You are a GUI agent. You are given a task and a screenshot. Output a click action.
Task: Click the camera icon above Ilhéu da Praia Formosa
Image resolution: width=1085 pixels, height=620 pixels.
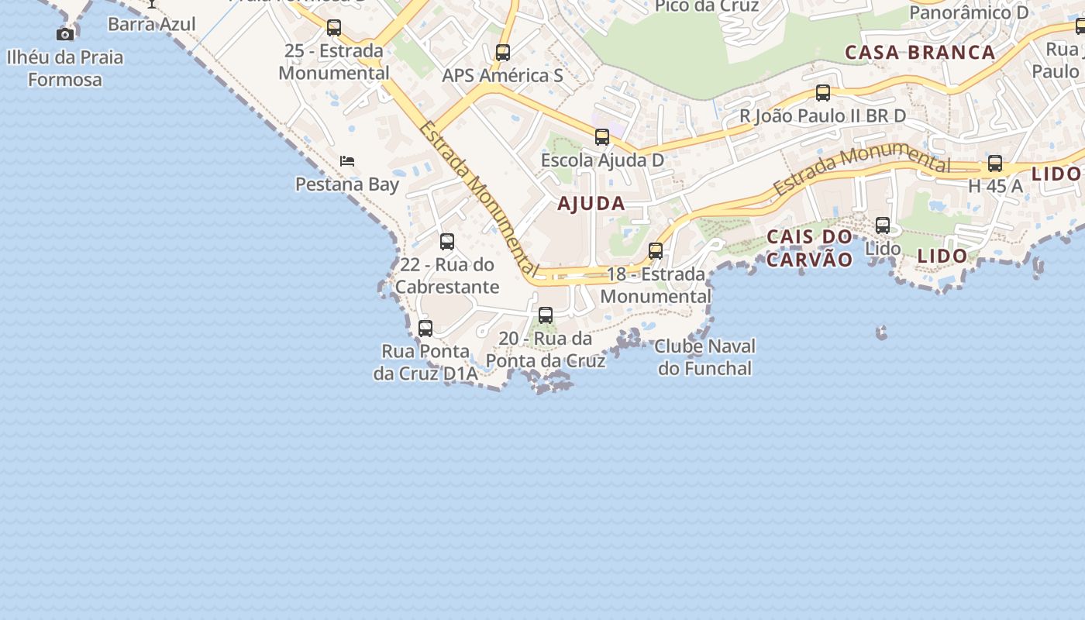[66, 34]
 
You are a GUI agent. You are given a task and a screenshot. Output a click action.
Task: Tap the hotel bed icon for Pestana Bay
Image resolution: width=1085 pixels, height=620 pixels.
[347, 161]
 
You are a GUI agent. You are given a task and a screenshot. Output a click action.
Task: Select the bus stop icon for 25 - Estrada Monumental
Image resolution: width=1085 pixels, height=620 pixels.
[334, 28]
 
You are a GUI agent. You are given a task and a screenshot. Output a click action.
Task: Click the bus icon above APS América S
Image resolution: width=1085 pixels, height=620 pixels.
[503, 53]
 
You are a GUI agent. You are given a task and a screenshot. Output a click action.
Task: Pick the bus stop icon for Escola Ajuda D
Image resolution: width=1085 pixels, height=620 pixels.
[602, 137]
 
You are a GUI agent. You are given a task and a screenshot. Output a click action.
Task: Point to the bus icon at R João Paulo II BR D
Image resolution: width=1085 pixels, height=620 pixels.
[823, 93]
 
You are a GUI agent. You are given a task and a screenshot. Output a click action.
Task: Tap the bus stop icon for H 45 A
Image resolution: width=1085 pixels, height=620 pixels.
[995, 164]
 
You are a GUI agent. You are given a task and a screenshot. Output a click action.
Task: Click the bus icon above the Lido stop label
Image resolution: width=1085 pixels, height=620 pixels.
[883, 226]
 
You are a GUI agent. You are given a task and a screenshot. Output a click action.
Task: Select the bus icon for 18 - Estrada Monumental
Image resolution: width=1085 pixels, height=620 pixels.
[656, 251]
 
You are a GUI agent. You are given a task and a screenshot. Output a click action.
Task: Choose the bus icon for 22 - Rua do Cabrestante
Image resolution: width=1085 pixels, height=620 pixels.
[447, 241]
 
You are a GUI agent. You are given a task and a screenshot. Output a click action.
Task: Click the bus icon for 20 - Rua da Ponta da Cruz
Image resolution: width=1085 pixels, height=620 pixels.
[546, 315]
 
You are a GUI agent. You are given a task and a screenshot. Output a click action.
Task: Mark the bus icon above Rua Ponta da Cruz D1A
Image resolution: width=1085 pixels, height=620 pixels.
[425, 328]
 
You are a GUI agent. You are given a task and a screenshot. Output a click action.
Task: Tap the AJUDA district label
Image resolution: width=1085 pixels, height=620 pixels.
[591, 204]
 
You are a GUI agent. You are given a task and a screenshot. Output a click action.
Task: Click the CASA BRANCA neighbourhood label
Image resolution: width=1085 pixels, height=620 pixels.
[920, 53]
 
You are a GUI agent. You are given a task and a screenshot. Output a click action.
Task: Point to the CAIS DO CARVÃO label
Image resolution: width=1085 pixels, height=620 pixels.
[809, 248]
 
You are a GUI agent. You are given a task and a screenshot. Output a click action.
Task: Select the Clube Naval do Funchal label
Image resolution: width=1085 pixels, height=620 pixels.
[705, 357]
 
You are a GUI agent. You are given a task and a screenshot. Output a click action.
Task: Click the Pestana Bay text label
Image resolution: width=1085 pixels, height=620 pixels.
[347, 184]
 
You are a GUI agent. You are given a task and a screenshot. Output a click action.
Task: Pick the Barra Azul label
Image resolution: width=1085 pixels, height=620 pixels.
[152, 24]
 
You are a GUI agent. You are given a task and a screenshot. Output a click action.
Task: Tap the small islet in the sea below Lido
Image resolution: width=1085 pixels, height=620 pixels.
[881, 333]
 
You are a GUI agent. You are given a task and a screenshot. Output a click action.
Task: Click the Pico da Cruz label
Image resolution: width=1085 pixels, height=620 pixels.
[707, 6]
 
